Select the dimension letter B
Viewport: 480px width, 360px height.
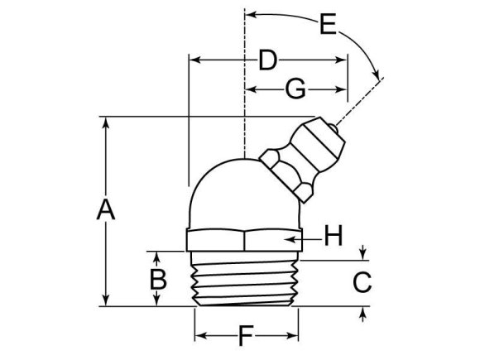click(x=156, y=279)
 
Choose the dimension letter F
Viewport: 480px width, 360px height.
click(x=245, y=337)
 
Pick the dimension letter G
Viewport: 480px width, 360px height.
click(x=295, y=88)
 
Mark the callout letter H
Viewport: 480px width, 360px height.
click(x=332, y=238)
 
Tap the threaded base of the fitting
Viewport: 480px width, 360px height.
click(x=245, y=281)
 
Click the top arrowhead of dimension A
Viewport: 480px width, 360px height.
click(x=105, y=121)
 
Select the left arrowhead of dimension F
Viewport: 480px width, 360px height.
click(x=199, y=337)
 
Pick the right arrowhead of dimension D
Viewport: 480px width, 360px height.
click(x=342, y=60)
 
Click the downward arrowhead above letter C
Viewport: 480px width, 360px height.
click(x=363, y=255)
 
